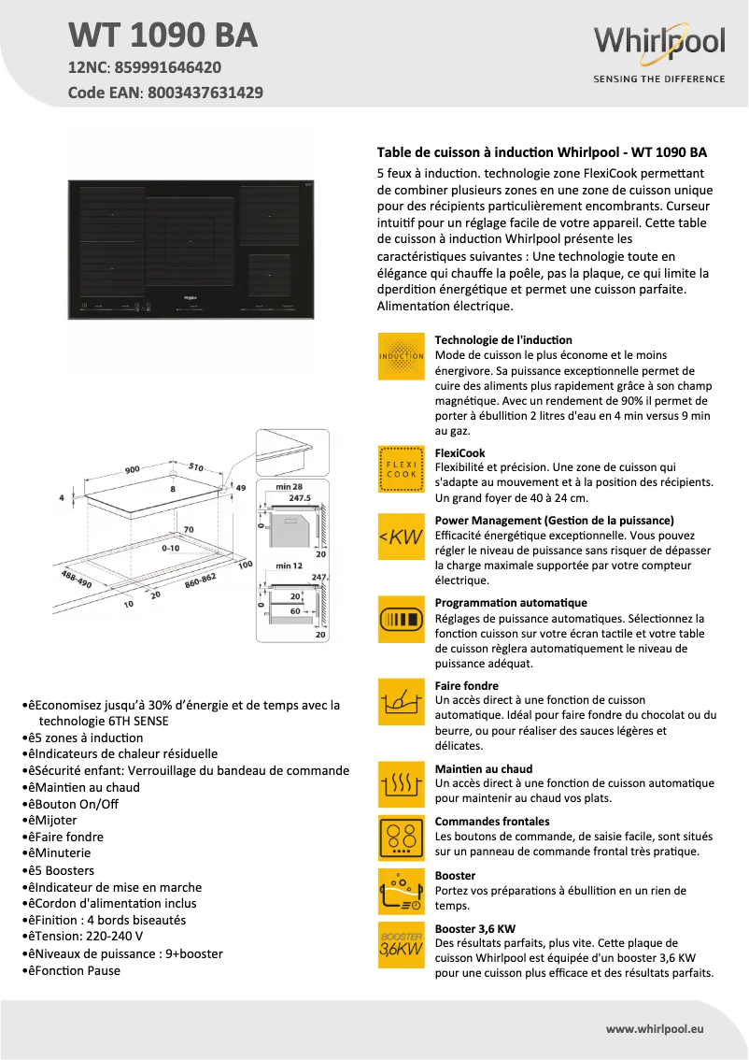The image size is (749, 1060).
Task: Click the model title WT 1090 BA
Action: (x=163, y=35)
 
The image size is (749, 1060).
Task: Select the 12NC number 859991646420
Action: (x=169, y=67)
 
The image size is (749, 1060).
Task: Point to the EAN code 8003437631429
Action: (x=202, y=93)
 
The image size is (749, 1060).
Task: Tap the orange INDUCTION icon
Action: (x=402, y=356)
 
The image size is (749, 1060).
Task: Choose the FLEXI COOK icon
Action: (x=402, y=468)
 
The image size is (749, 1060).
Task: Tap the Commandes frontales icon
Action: (x=402, y=838)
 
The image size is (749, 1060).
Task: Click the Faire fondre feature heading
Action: (x=467, y=685)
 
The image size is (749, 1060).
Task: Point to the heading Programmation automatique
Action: (x=511, y=603)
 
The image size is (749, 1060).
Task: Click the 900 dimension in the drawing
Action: (x=133, y=469)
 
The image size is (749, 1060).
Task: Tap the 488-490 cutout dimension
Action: (x=78, y=579)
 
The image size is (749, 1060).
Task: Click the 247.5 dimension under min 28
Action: (x=299, y=498)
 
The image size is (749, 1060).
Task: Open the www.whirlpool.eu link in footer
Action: (x=655, y=1028)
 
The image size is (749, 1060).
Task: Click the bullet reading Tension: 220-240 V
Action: (x=92, y=937)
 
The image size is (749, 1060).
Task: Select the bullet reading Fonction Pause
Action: (x=79, y=970)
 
